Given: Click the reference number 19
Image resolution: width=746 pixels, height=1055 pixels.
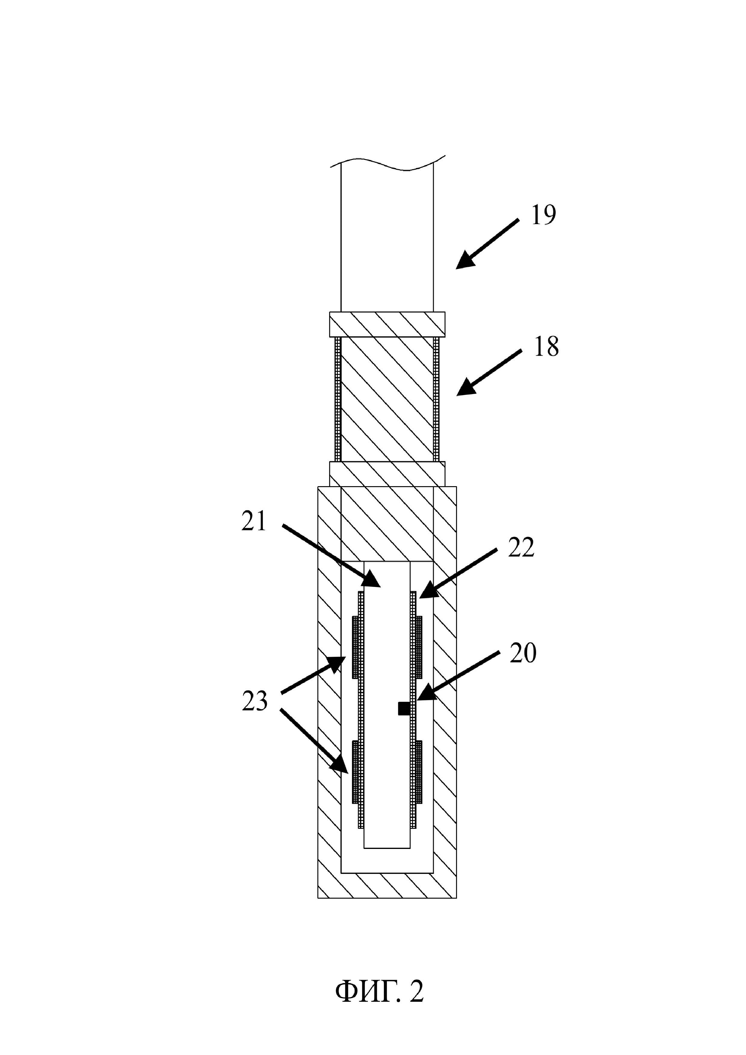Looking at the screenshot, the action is click(x=544, y=215).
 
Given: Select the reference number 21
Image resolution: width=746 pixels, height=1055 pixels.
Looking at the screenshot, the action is click(x=254, y=522).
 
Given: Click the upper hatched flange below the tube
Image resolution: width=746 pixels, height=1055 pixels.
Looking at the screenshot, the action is click(x=387, y=324).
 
